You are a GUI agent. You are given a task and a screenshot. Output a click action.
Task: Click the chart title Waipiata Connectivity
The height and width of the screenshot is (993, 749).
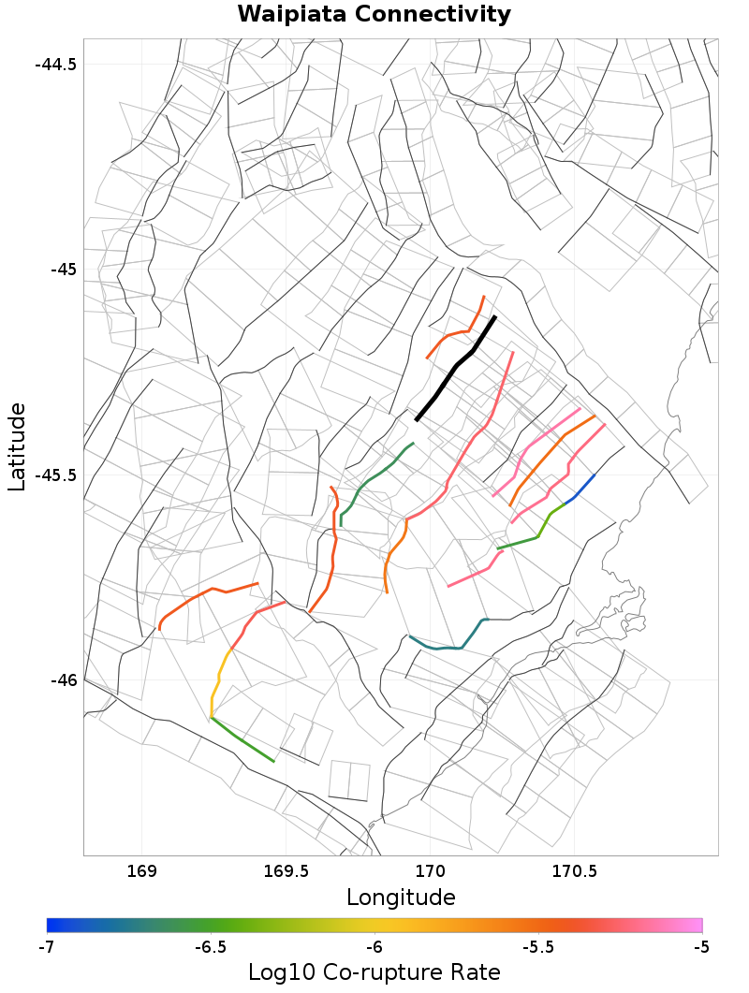(374, 15)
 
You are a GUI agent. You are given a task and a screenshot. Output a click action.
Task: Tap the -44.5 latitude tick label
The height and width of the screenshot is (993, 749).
(55, 65)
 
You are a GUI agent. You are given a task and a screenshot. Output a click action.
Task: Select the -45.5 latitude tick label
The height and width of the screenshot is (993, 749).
(55, 475)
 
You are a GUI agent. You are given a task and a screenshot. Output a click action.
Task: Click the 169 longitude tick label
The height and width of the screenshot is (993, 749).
(141, 872)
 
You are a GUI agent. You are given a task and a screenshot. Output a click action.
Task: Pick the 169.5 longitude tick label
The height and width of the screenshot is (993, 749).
(286, 872)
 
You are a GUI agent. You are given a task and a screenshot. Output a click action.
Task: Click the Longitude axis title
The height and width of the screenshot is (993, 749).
(401, 898)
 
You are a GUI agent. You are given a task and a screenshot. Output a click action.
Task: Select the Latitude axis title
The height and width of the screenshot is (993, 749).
(17, 446)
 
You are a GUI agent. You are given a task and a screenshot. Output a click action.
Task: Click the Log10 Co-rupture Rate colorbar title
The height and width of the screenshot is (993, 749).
(374, 972)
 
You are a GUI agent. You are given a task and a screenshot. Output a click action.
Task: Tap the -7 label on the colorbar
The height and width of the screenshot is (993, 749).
(46, 947)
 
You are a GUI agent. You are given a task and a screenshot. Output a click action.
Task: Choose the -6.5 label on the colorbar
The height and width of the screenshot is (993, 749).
(210, 947)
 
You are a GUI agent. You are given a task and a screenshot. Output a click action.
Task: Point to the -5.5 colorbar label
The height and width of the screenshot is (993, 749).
(537, 947)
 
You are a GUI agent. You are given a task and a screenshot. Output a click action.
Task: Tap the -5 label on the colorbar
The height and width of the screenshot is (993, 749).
(701, 947)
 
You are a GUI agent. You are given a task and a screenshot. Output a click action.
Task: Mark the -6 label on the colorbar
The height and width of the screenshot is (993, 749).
(374, 947)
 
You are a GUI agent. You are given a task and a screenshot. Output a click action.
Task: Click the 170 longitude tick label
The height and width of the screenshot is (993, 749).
(430, 872)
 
